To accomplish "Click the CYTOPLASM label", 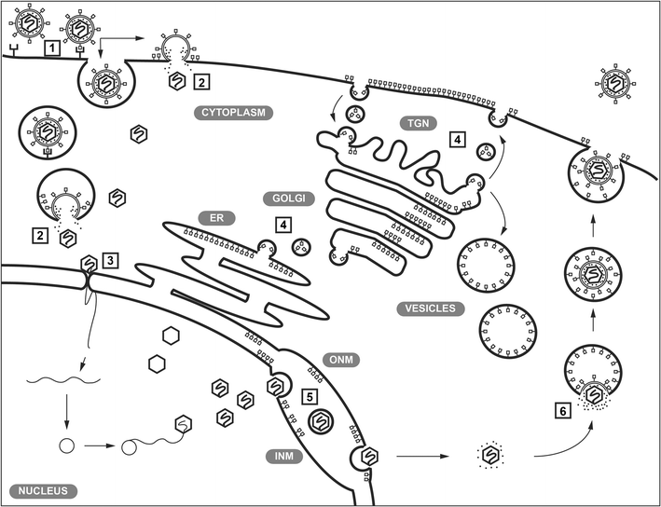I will (232, 113).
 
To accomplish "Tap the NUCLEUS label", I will (38, 489).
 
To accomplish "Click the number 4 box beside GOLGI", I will (282, 225).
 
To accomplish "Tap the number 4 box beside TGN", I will (456, 139).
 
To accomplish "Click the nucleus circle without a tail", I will (66, 445).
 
